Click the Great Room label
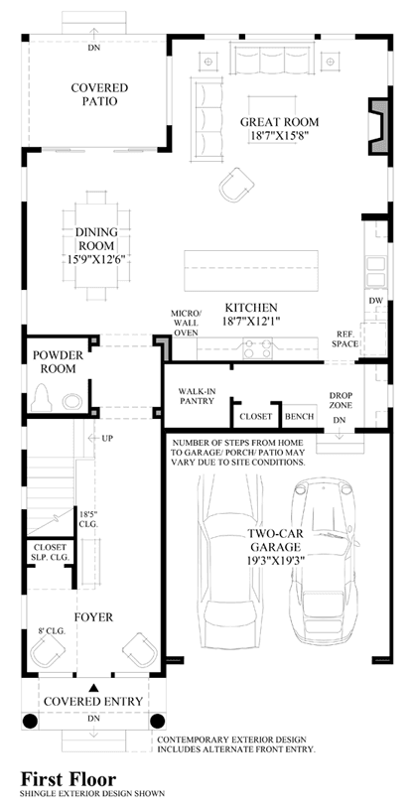pos(279,122)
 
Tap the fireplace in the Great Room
pos(378,126)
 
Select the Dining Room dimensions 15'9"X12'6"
pos(96,258)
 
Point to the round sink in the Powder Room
pos(72,401)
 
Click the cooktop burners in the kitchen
pos(257,347)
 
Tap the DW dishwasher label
pos(375,301)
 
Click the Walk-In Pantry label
pos(197,396)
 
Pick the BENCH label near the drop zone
pos(300,416)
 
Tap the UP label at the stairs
pos(108,438)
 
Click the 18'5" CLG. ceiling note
pos(88,518)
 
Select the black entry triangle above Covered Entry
pos(94,687)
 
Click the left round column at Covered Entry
pos(31,721)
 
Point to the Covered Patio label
pos(99,94)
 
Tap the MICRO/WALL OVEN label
pos(186,323)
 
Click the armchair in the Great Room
pos(237,185)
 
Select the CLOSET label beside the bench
pos(255,416)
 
